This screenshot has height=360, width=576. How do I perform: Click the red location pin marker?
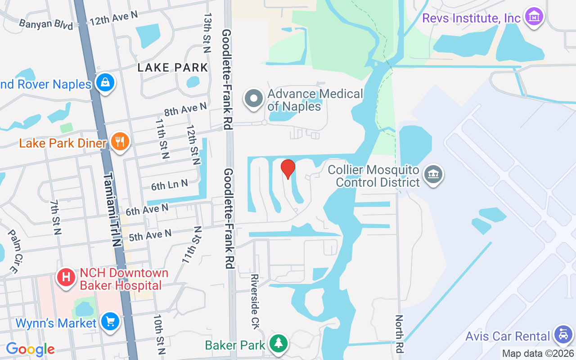pyautogui.click(x=288, y=169)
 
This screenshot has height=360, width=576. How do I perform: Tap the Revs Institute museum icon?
pyautogui.click(x=534, y=17)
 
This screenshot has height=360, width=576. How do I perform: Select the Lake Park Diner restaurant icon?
pyautogui.click(x=119, y=142)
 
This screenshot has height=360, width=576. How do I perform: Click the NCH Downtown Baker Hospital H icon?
pyautogui.click(x=66, y=277)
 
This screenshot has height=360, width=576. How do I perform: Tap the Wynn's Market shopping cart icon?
pyautogui.click(x=109, y=322)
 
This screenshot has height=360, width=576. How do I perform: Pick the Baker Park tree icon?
pyautogui.click(x=279, y=343)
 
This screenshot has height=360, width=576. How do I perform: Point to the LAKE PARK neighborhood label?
pyautogui.click(x=173, y=68)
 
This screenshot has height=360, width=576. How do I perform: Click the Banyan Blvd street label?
pyautogui.click(x=46, y=23)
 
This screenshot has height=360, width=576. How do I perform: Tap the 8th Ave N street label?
pyautogui.click(x=185, y=108)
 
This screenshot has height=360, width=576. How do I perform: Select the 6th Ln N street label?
pyautogui.click(x=169, y=184)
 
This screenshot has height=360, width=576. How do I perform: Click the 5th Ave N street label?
pyautogui.click(x=150, y=235)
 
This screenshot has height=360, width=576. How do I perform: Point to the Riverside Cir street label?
pyautogui.click(x=255, y=301)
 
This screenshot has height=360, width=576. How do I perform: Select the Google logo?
pyautogui.click(x=30, y=349)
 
